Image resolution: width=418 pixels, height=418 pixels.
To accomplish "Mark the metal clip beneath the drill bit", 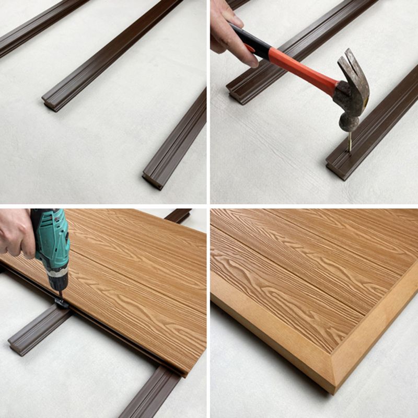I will (x=61, y=303).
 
